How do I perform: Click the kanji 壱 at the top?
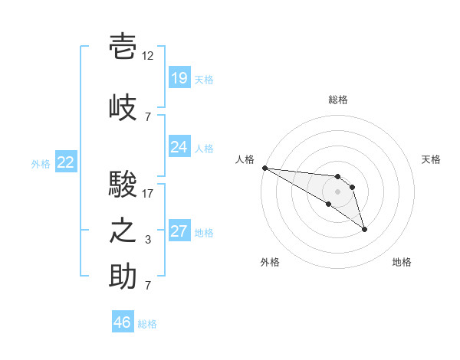(123, 46)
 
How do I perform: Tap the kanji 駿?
(123, 184)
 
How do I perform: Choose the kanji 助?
(123, 276)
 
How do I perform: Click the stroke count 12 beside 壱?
(147, 56)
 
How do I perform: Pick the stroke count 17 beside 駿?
(147, 194)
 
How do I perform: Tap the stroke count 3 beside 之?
(148, 240)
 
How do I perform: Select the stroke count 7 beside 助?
(148, 285)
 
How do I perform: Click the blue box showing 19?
(179, 77)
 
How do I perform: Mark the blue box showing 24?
(179, 146)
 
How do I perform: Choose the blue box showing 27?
(179, 230)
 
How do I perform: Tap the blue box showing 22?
(66, 162)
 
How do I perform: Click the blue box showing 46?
(123, 321)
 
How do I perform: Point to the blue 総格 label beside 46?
(147, 324)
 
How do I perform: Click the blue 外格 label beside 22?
(41, 164)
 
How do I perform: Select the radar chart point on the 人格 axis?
(265, 168)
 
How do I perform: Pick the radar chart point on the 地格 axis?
(364, 229)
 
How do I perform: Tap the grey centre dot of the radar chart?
(337, 191)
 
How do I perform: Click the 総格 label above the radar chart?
(338, 100)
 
